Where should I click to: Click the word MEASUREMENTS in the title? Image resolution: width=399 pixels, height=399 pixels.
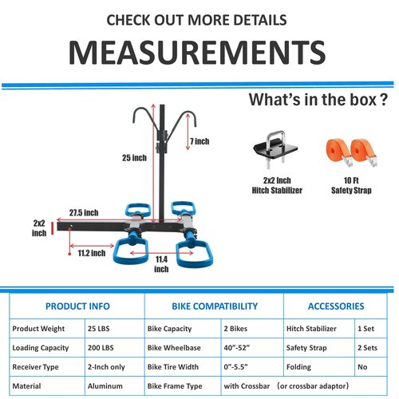click(197, 53)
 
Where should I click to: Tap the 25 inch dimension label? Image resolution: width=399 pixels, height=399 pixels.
click(134, 158)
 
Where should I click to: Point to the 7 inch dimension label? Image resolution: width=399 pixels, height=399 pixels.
click(199, 141)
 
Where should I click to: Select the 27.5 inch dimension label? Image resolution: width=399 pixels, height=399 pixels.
click(84, 213)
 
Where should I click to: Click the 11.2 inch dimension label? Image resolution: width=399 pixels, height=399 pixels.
click(92, 253)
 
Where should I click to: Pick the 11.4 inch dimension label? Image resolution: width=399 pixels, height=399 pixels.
click(161, 264)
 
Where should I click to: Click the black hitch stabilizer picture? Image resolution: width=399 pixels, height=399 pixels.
click(275, 149)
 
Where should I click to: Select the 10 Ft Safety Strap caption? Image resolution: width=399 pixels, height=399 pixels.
click(351, 185)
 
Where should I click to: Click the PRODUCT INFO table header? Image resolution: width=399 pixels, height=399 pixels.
click(77, 306)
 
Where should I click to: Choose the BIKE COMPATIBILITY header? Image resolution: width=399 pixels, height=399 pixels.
click(215, 306)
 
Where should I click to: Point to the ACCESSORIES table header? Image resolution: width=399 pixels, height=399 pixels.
click(336, 306)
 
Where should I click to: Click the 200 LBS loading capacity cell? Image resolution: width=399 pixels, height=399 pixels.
click(101, 348)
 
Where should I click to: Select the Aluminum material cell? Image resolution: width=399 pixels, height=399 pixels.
click(105, 386)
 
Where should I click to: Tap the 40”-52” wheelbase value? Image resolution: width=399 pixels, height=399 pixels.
click(236, 348)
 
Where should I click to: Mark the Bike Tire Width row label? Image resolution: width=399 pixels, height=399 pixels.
click(173, 367)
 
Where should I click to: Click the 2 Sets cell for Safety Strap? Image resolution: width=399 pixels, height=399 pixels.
click(367, 348)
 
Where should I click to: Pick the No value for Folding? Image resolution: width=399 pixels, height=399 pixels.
click(362, 367)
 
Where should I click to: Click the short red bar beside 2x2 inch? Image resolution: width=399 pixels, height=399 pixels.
click(53, 228)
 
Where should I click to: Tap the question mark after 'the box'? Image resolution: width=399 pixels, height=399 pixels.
click(383, 100)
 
